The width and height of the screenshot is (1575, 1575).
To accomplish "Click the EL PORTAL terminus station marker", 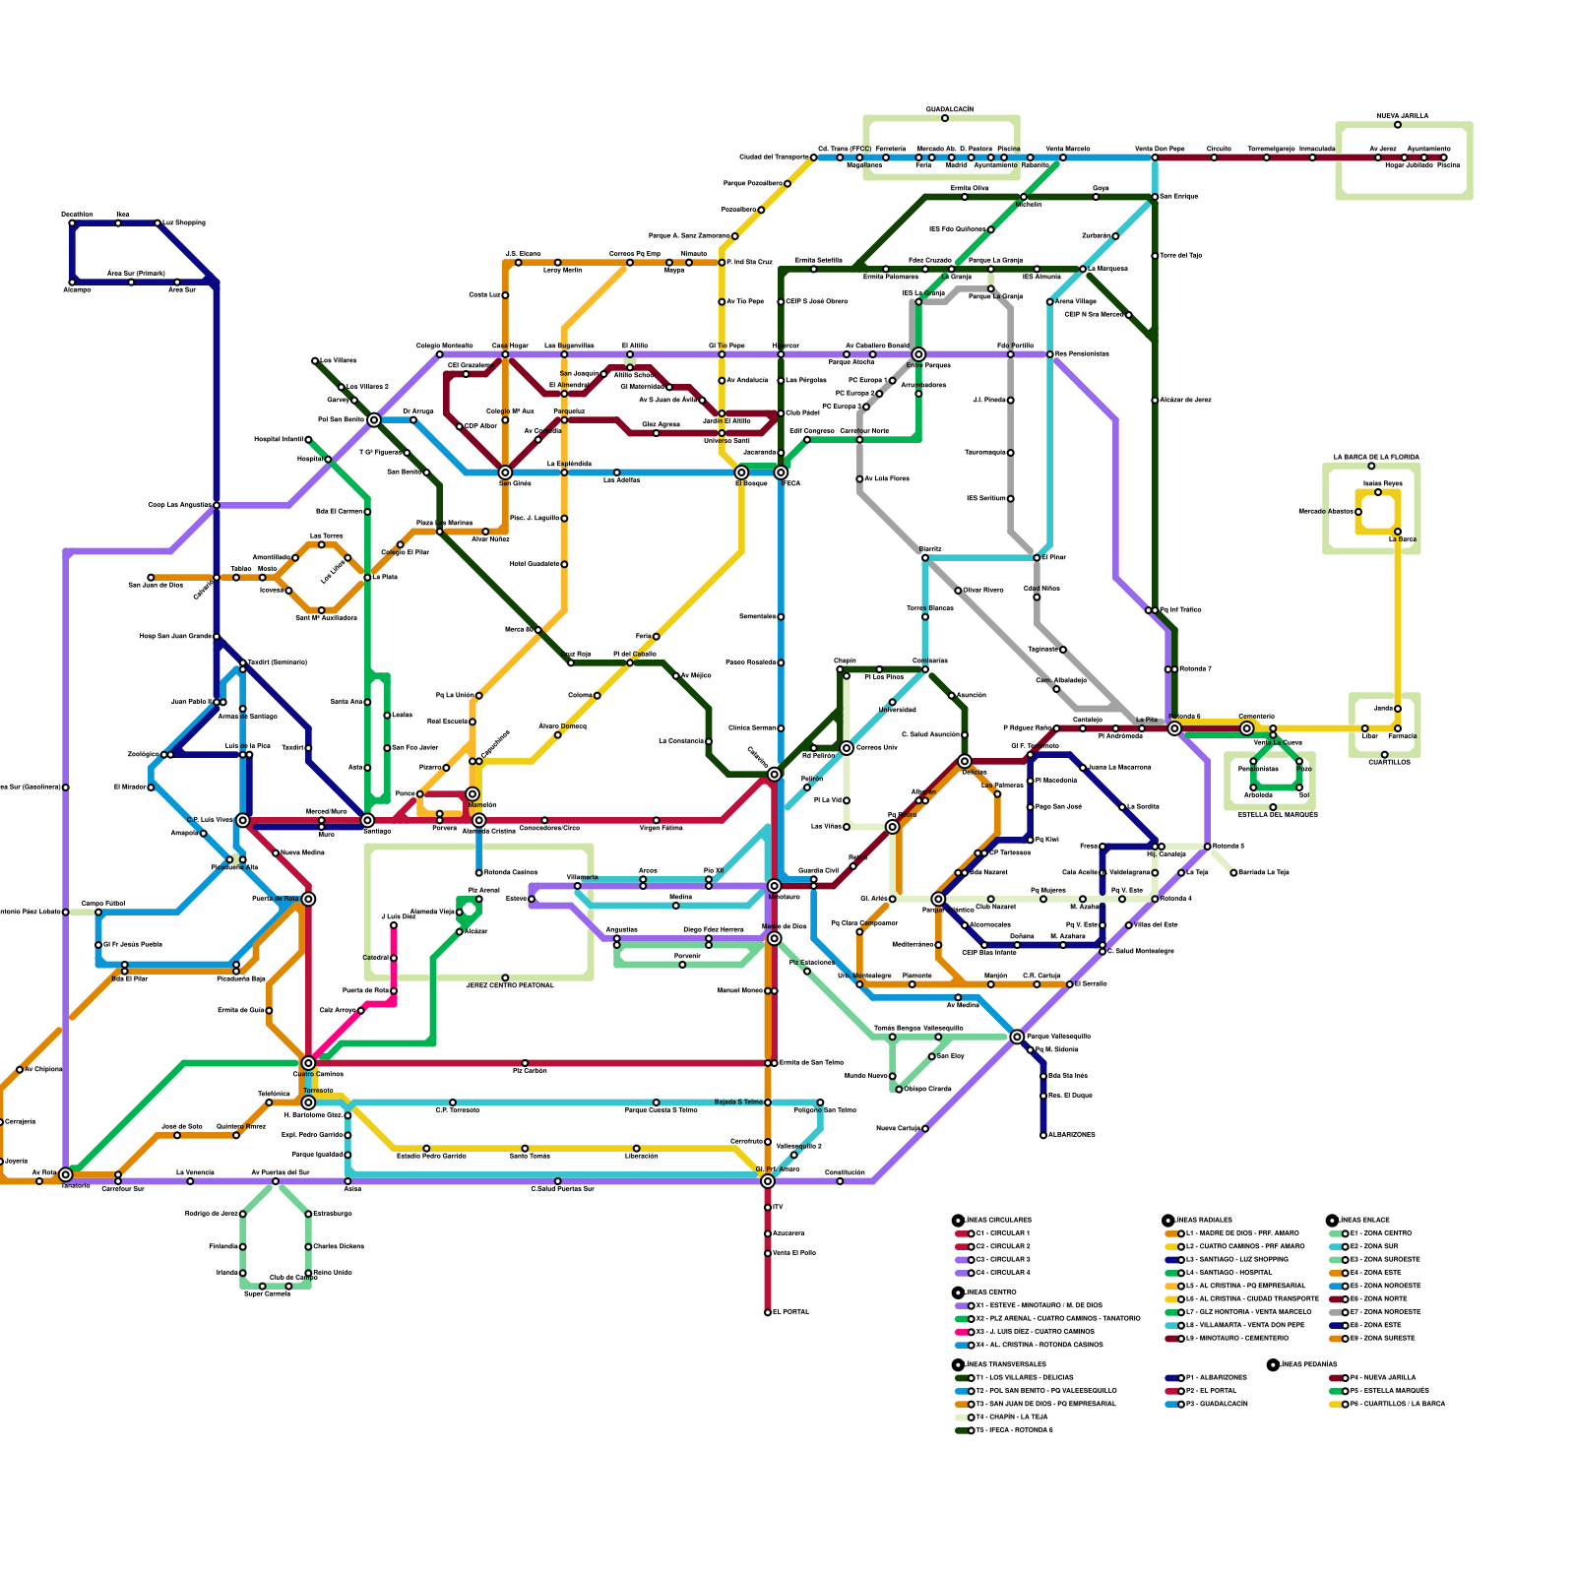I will coord(768,1312).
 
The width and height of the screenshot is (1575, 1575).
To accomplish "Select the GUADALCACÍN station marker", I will coord(945,118).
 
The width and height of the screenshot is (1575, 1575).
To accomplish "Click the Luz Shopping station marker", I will coord(157,223).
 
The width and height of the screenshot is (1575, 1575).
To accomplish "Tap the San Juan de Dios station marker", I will coord(151,578).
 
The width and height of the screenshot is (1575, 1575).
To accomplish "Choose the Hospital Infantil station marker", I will coord(308,440).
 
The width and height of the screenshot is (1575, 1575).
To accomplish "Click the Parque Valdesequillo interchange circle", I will coord(1017,1037).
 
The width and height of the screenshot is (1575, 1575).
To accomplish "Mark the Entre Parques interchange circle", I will coord(918,354).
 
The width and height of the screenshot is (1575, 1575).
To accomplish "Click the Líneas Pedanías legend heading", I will coord(1308,1364).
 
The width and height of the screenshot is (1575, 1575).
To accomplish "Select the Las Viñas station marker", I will coord(847,827).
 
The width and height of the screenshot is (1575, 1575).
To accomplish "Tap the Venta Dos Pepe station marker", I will coord(1155,157).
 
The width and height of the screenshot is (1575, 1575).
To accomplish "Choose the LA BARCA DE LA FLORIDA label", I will coord(1375,458).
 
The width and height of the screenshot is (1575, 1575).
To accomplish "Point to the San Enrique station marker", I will coord(1155,197).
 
